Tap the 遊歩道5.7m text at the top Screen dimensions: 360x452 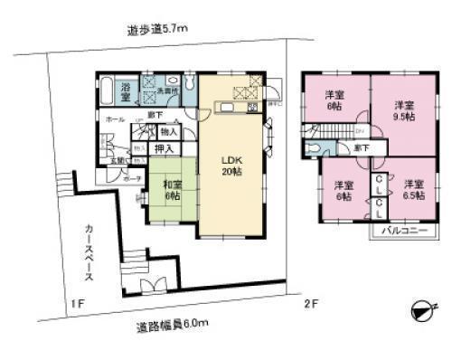click(157, 30)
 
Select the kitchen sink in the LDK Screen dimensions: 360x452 click(224, 109)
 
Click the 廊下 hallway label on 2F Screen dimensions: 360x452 click(361, 147)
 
